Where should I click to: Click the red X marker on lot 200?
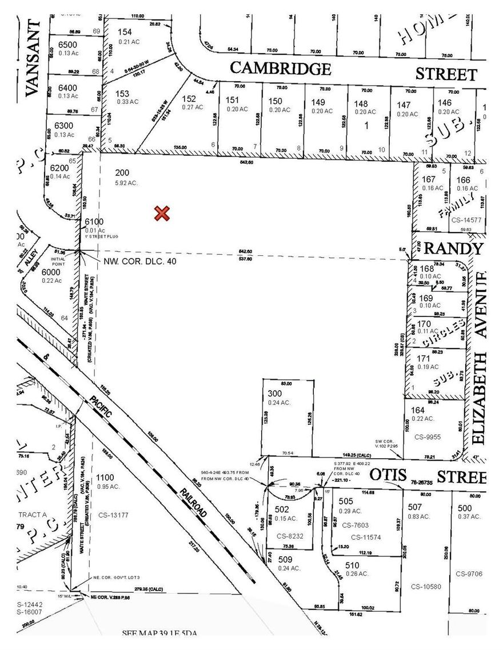(162, 214)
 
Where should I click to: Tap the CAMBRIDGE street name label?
(280, 69)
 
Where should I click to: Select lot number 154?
(124, 32)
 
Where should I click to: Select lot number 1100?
(106, 478)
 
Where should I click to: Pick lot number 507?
(415, 507)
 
